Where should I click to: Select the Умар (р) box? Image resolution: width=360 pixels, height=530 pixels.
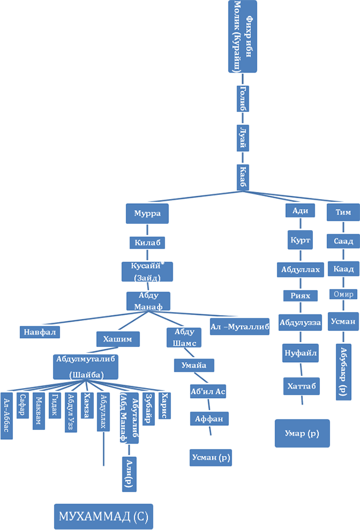pyautogui.click(x=302, y=433)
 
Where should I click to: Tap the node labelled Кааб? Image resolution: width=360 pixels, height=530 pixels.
pyautogui.click(x=243, y=177)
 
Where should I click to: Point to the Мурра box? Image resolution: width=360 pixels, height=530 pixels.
pyautogui.click(x=147, y=213)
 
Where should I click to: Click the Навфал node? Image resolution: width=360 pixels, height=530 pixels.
pyautogui.click(x=39, y=332)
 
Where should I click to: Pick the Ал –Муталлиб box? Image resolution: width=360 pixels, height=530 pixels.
pyautogui.click(x=239, y=326)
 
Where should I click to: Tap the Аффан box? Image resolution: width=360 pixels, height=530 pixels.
pyautogui.click(x=209, y=419)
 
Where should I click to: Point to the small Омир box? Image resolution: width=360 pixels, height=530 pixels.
pyautogui.click(x=343, y=294)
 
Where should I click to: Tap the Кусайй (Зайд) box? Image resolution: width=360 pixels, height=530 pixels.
pyautogui.click(x=147, y=271)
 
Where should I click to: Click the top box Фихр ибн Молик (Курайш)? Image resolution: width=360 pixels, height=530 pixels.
pyautogui.click(x=242, y=37)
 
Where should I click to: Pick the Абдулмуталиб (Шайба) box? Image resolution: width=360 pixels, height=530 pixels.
pyautogui.click(x=86, y=366)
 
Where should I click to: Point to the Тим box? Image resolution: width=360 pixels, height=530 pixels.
pyautogui.click(x=343, y=212)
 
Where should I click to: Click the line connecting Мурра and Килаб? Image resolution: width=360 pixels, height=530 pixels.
pyautogui.click(x=147, y=230)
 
